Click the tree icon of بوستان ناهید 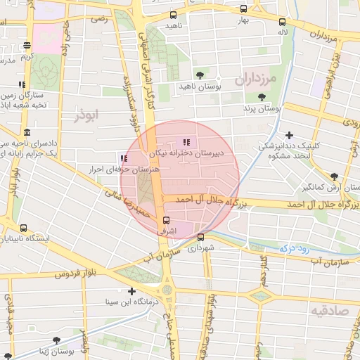(x=200, y=75)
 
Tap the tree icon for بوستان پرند (x=262, y=98)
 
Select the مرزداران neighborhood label (x=262, y=79)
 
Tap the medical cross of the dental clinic (x=289, y=135)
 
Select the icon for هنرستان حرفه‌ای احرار (x=124, y=159)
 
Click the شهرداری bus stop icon (x=202, y=237)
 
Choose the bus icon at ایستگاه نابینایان (x=25, y=229)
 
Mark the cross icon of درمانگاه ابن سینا (x=131, y=291)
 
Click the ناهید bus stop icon (x=173, y=15)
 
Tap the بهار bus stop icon (x=243, y=10)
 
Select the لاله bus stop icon (x=282, y=22)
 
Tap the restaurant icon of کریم (x=27, y=46)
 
